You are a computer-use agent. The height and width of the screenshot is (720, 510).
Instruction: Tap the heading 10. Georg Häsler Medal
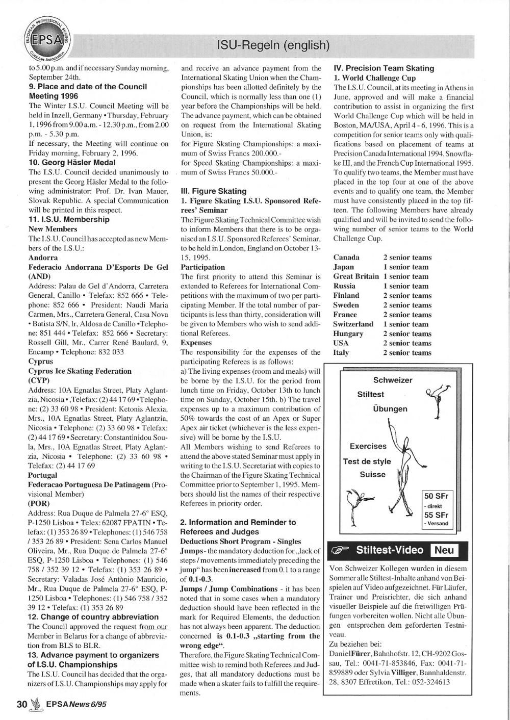pyautogui.click(x=72, y=162)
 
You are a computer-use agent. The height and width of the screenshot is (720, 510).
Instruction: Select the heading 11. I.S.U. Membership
pyautogui.click(x=69, y=219)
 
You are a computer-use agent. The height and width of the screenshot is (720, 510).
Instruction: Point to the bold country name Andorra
pyautogui.click(x=43, y=258)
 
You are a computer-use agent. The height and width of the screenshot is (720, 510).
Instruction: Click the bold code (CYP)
pyautogui.click(x=39, y=380)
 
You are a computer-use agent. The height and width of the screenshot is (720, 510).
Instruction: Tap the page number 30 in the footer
pyautogui.click(x=21, y=704)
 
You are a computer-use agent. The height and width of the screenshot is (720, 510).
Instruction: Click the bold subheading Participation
pyautogui.click(x=202, y=267)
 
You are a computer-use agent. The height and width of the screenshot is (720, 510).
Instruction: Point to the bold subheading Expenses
pyautogui.click(x=196, y=343)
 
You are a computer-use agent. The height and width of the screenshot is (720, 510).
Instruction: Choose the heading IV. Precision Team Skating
pyautogui.click(x=384, y=68)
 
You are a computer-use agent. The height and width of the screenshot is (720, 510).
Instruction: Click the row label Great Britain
pyautogui.click(x=356, y=276)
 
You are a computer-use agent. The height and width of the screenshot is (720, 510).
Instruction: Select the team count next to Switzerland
pyautogui.click(x=406, y=324)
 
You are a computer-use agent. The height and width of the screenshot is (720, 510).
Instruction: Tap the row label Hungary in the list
pyautogui.click(x=348, y=333)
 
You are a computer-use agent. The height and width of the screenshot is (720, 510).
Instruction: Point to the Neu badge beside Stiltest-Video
pyautogui.click(x=444, y=550)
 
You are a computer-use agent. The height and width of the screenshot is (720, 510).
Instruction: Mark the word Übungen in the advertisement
pyautogui.click(x=390, y=409)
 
